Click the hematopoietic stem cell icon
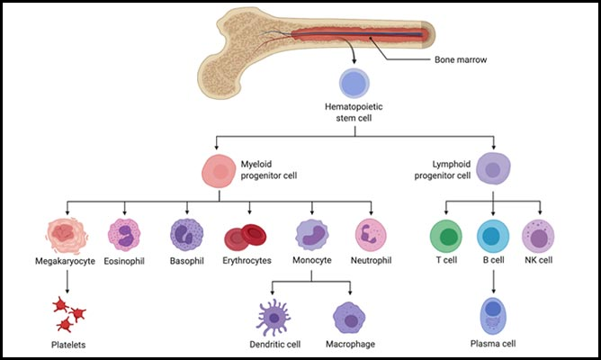coord(354,85)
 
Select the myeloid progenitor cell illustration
coord(220,169)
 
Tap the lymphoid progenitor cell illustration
coord(492,168)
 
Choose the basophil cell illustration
coord(187,234)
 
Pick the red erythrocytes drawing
coord(247,235)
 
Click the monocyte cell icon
coord(312,234)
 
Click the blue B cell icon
coord(492,235)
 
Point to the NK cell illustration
coord(538,235)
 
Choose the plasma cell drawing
coord(492,313)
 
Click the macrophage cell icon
coord(350,319)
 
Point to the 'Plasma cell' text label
coord(492,345)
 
